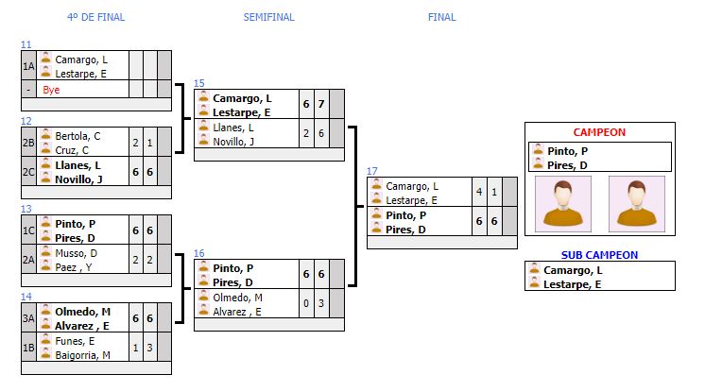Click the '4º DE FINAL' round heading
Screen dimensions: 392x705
(95, 17)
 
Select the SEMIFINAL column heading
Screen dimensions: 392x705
(268, 17)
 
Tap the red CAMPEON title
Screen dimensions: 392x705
(599, 132)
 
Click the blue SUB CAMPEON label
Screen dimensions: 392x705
(599, 255)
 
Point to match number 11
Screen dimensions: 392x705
(26, 44)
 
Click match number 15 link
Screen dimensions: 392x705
(199, 83)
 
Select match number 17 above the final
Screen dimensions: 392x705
(372, 171)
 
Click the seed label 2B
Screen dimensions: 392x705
(29, 142)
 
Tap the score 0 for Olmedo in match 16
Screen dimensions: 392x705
(305, 303)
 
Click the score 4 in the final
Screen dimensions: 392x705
(479, 193)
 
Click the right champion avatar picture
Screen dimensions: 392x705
(636, 203)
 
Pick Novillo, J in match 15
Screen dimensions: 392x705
(233, 142)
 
